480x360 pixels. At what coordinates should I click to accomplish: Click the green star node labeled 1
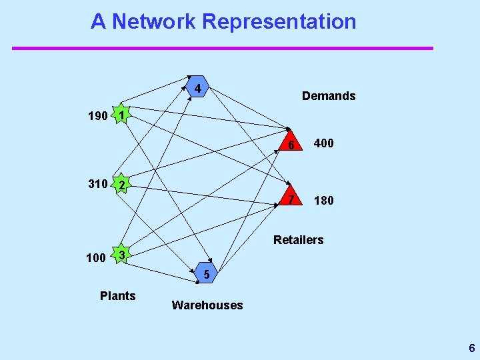pos(121,115)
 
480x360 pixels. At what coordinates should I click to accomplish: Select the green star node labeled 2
pos(121,185)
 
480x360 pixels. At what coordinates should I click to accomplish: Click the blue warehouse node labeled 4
pos(197,88)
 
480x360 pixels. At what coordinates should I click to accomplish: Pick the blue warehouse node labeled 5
pos(207,274)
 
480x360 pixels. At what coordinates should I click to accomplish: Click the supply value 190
pos(98,117)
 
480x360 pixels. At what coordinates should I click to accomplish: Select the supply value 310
pos(98,184)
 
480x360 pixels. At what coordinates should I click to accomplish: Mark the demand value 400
pos(324,144)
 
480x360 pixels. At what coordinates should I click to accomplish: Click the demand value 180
pos(324,201)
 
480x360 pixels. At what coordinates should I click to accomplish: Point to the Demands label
pos(329,96)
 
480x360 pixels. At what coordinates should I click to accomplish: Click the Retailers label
pos(298,240)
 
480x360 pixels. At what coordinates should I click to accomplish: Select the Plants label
pos(117,296)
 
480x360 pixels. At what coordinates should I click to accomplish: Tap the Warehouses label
pos(207,305)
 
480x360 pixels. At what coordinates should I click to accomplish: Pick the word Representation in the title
pos(279,21)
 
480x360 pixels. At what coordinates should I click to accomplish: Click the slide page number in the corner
pos(471,348)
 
